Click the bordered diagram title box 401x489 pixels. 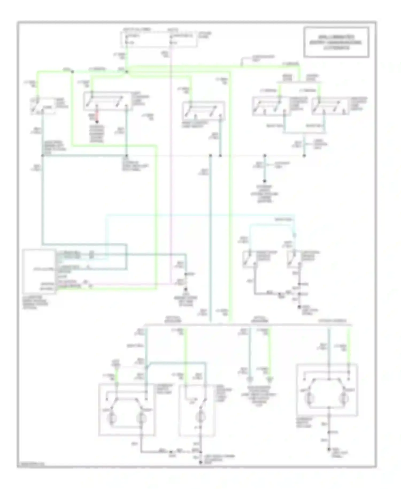(336, 42)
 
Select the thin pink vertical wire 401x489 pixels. (171, 161)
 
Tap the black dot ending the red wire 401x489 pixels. (97, 122)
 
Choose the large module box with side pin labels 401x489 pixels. (39, 272)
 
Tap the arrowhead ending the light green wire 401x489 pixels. (270, 379)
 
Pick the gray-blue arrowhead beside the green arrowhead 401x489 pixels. (250, 379)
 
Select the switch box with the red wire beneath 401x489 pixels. (107, 101)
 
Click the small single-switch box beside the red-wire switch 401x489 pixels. (43, 106)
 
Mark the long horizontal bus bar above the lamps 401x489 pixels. (248, 325)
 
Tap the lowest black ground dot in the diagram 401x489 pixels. (201, 462)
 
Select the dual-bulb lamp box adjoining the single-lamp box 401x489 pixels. (126, 409)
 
